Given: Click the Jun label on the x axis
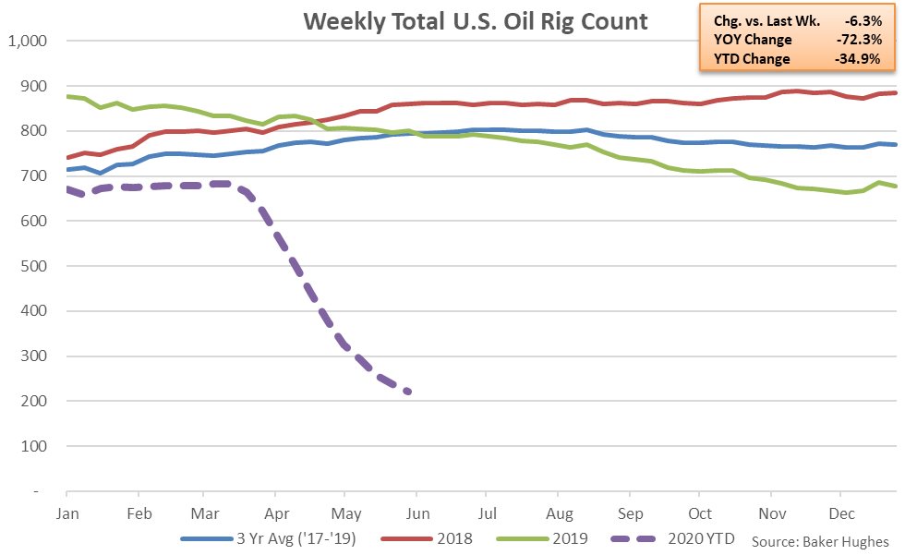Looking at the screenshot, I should tap(417, 513).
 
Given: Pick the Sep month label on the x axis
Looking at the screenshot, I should tap(630, 513).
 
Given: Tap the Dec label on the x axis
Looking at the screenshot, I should tap(840, 513).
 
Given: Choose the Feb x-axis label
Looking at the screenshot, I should tap(139, 513).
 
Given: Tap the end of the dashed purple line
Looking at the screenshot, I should tap(407, 392).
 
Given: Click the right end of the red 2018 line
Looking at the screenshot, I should tap(897, 92).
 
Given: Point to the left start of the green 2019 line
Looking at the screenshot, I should tap(67, 96).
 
